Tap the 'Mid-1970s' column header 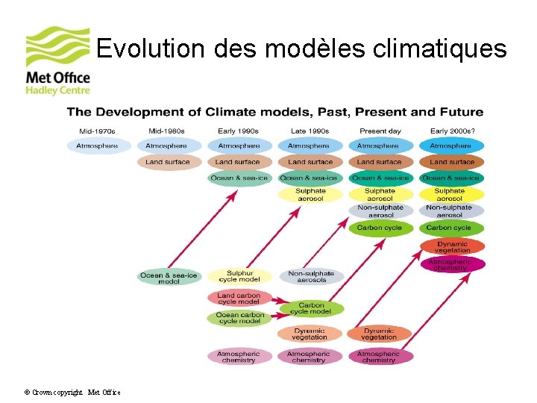[x=97, y=131]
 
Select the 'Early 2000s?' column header [x=450, y=131]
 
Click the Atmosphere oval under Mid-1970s [x=98, y=146]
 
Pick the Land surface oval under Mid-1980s [x=168, y=162]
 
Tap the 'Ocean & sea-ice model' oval [x=169, y=278]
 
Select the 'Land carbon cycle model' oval [x=239, y=299]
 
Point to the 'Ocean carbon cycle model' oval [x=239, y=318]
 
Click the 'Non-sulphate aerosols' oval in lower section [x=312, y=277]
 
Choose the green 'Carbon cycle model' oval [x=311, y=308]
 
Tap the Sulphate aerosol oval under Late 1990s [x=310, y=194]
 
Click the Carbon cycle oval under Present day [x=380, y=228]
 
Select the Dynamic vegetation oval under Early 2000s [x=452, y=247]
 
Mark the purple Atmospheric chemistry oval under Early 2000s [x=452, y=264]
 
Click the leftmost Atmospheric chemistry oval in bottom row [x=239, y=357]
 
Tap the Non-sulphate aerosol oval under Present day [x=380, y=211]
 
